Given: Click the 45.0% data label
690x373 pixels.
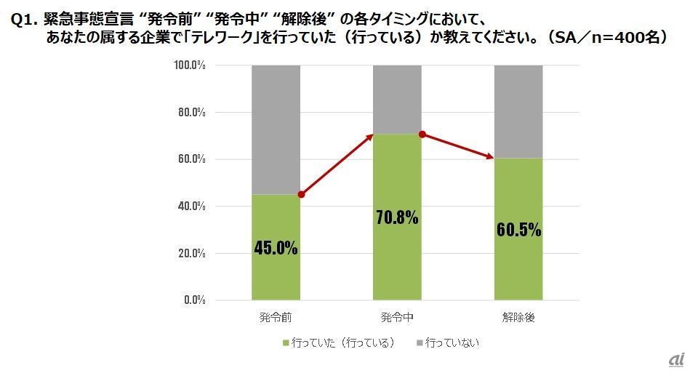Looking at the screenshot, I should pyautogui.click(x=276, y=248).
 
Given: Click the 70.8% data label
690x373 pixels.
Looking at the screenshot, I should pyautogui.click(x=397, y=217).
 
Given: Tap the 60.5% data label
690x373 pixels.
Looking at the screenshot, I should pyautogui.click(x=518, y=230).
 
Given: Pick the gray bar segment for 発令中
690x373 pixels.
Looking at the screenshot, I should pyautogui.click(x=397, y=99).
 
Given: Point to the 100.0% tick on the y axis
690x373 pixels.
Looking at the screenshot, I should pyautogui.click(x=189, y=65).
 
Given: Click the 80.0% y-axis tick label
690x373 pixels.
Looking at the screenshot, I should pyautogui.click(x=190, y=113).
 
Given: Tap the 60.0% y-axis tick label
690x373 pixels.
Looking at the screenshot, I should pyautogui.click(x=190, y=159).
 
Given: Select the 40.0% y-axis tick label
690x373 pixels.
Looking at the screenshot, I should pyautogui.click(x=190, y=206).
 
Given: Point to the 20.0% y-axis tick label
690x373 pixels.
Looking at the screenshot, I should pyautogui.click(x=190, y=253).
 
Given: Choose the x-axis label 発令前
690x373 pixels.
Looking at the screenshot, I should pyautogui.click(x=276, y=318).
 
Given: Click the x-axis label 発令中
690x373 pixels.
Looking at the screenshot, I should pyautogui.click(x=397, y=318).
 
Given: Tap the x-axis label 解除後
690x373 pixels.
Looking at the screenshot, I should pyautogui.click(x=518, y=318).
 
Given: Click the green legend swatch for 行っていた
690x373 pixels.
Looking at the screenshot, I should pyautogui.click(x=284, y=342).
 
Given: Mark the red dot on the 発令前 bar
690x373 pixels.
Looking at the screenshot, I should pyautogui.click(x=301, y=195).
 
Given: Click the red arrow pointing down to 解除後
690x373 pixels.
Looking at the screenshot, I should pyautogui.click(x=458, y=146).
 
